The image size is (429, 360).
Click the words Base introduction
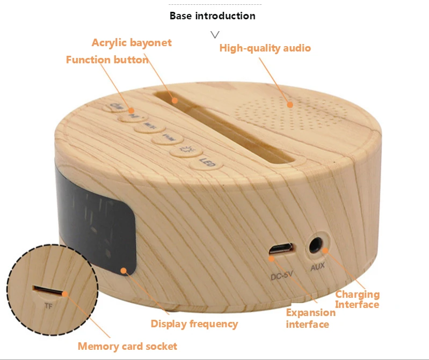pyautogui.click(x=212, y=16)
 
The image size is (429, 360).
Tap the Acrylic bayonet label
pyautogui.click(x=132, y=42)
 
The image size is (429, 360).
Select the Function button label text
pyautogui.click(x=107, y=60)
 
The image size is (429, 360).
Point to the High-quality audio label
pyautogui.click(x=265, y=48)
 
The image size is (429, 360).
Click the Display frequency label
pyautogui.click(x=194, y=324)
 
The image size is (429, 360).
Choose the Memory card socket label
pyautogui.click(x=127, y=346)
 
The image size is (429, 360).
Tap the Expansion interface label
pyautogui.click(x=308, y=318)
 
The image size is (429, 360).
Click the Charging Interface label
pyautogui.click(x=357, y=299)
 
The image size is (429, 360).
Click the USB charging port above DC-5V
pyautogui.click(x=281, y=250)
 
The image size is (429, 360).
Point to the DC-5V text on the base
pyautogui.click(x=281, y=277)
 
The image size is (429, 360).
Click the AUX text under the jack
pyautogui.click(x=317, y=267)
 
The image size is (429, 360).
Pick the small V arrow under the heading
pyautogui.click(x=215, y=35)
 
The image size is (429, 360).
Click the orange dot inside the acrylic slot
pyautogui.click(x=174, y=99)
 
